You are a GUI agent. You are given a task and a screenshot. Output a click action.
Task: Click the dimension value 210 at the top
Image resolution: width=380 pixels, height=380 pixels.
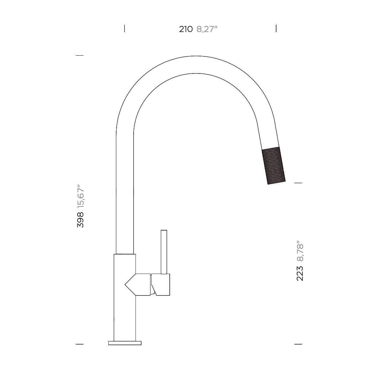(186, 29)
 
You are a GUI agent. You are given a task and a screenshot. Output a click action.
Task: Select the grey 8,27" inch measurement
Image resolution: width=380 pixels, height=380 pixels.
(207, 29)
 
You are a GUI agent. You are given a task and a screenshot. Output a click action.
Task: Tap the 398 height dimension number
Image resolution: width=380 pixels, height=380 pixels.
(80, 220)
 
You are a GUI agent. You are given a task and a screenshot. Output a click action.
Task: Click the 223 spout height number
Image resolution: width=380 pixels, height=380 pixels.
(300, 273)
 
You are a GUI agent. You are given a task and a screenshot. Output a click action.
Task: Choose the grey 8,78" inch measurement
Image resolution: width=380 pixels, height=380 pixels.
(300, 251)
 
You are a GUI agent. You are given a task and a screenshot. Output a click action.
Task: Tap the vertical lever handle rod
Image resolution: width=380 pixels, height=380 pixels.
(164, 252)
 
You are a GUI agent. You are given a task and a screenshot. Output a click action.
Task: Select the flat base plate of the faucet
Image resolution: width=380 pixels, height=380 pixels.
(125, 343)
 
